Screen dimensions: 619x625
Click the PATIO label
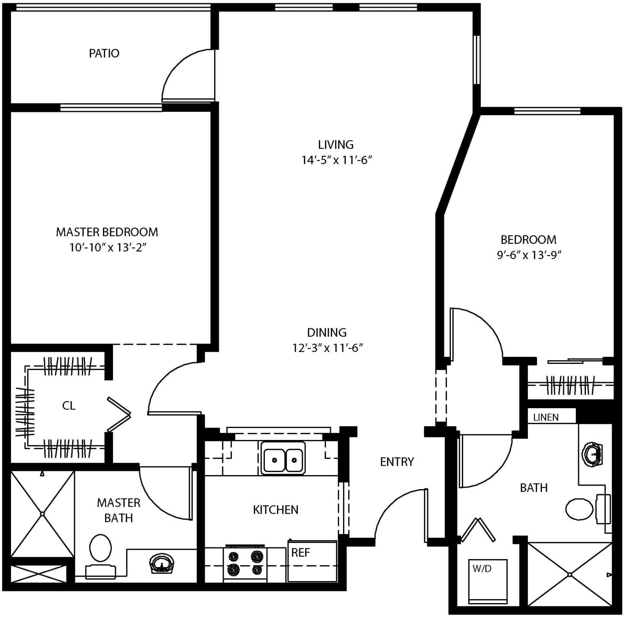pos(104,53)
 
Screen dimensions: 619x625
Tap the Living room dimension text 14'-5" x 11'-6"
pos(337,160)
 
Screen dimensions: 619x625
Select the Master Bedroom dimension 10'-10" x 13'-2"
pos(107,247)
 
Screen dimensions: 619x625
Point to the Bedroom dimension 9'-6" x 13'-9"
pos(529,255)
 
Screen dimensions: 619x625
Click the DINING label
pos(327,332)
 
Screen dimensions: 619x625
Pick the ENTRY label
pos(397,462)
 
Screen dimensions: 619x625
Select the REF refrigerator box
pos(312,561)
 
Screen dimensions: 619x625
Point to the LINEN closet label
pos(546,417)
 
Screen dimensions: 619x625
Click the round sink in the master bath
pos(162,564)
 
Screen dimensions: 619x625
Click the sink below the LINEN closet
pos(592,453)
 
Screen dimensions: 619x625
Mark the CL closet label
pos(69,406)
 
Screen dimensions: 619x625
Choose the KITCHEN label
pos(275,510)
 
